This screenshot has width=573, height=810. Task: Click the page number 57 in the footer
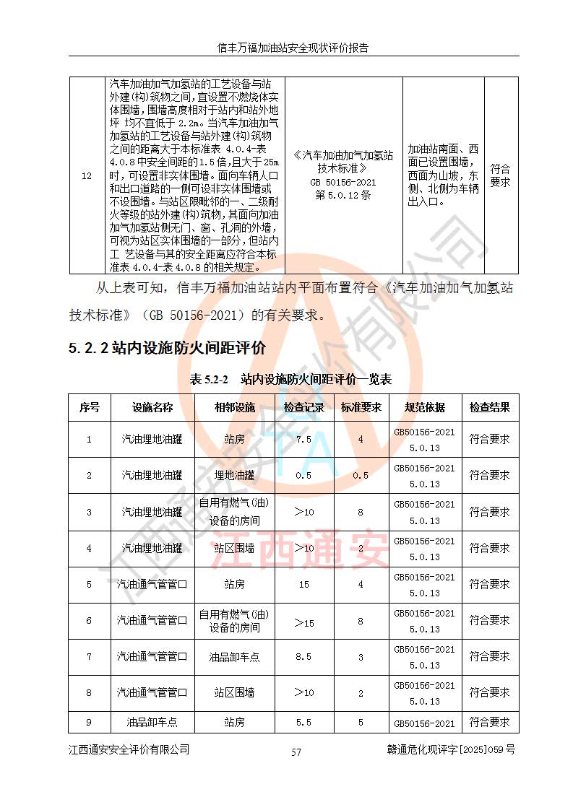click(296, 752)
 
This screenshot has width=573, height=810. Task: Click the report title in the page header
click(293, 48)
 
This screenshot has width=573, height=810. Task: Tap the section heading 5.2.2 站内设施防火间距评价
click(167, 348)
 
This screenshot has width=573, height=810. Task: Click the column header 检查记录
click(304, 407)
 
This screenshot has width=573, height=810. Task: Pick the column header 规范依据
click(425, 407)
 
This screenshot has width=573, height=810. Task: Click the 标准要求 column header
click(361, 407)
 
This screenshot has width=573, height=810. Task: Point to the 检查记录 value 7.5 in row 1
click(304, 439)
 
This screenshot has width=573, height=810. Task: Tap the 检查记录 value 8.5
click(304, 656)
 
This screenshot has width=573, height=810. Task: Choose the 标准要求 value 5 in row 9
click(361, 722)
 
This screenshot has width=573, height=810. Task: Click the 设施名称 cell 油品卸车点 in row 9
click(152, 722)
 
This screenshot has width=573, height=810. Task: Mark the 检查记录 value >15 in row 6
click(304, 621)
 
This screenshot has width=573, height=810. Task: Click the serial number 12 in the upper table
click(87, 175)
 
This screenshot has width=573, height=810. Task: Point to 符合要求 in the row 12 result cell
click(500, 175)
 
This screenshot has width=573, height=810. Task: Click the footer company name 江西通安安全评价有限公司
click(129, 750)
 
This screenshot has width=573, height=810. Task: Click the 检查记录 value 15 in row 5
click(304, 584)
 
